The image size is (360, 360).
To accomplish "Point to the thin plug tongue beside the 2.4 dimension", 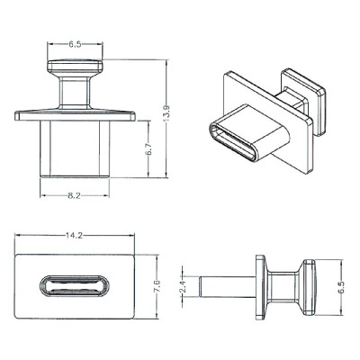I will pyautogui.click(x=225, y=288).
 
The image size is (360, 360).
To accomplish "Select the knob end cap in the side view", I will pyautogui.click(x=310, y=288).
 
